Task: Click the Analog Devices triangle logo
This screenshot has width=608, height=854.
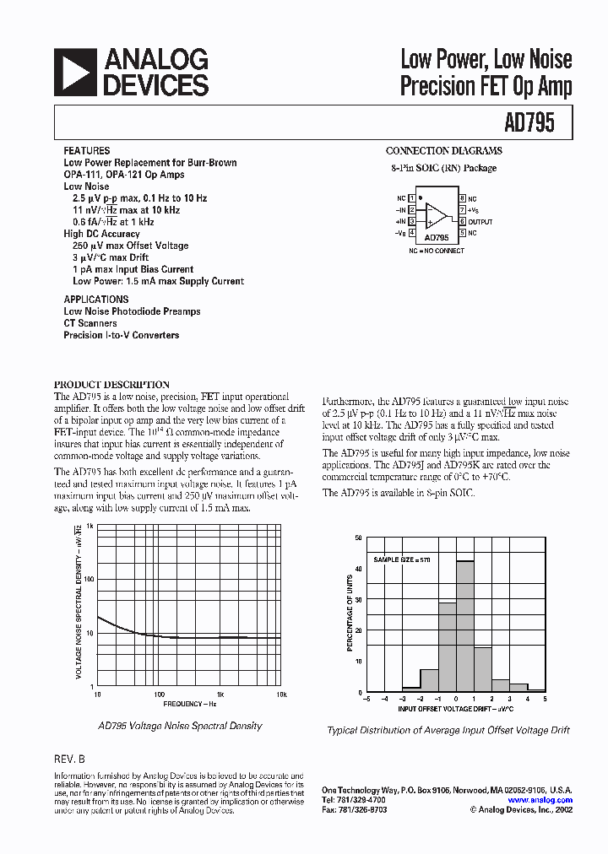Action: [x=74, y=72]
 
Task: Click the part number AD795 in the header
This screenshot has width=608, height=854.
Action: [x=529, y=123]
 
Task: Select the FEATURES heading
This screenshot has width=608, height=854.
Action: [x=86, y=150]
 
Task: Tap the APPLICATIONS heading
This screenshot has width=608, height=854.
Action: [x=96, y=300]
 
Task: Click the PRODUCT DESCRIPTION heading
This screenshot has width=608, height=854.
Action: [x=111, y=384]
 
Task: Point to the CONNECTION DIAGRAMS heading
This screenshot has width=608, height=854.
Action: [x=443, y=151]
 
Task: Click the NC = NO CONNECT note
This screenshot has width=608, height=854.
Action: [x=437, y=251]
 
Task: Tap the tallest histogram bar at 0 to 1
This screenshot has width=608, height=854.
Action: [x=465, y=625]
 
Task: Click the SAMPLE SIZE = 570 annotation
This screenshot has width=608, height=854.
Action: [x=402, y=560]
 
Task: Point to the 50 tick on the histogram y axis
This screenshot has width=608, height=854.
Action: [x=358, y=538]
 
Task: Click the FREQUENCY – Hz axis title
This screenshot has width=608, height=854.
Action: [x=190, y=703]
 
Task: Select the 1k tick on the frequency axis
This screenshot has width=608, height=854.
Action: [x=220, y=694]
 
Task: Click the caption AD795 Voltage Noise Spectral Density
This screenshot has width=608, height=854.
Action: [x=180, y=726]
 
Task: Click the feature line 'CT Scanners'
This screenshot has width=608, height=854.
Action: [x=90, y=323]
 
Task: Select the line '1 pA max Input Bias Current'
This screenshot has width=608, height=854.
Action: [x=133, y=269]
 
